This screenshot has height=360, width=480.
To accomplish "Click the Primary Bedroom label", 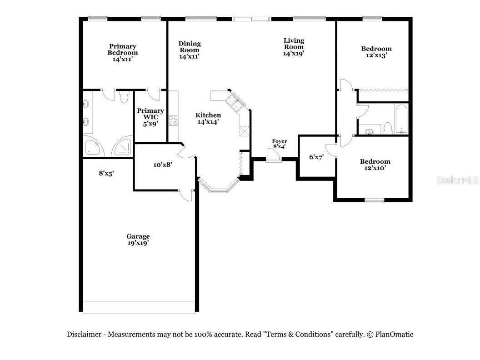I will [122, 52].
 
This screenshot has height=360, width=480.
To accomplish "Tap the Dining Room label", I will [190, 50].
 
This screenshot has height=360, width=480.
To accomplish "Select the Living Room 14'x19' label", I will [294, 47].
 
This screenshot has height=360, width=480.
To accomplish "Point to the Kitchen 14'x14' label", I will [208, 118].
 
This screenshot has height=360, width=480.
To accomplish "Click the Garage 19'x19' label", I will [138, 240].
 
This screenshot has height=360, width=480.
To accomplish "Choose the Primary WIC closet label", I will [150, 117].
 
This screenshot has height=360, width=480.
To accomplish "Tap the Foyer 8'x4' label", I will [279, 144].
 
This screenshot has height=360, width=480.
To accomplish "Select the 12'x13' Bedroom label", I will [376, 52].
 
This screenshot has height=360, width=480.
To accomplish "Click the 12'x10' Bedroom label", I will [375, 165].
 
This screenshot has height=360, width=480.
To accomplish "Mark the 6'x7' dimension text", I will [316, 157].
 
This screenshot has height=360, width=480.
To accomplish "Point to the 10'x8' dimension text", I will [162, 165].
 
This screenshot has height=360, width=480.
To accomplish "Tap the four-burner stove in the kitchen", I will [173, 120].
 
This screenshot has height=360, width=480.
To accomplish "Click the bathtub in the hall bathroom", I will [401, 119].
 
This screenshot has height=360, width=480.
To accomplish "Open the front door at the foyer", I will [273, 155].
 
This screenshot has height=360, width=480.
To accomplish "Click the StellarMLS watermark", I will [457, 180].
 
